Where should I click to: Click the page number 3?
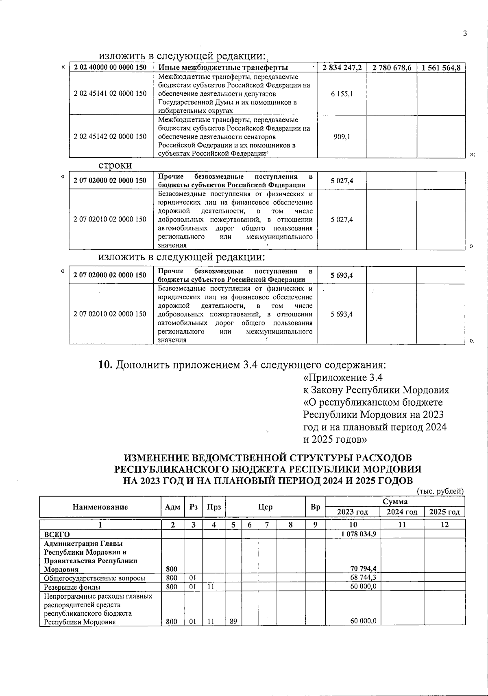click(x=464, y=34)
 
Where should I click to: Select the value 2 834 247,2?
click(x=342, y=68)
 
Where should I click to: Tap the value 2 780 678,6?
click(x=392, y=68)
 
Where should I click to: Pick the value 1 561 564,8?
click(x=441, y=68)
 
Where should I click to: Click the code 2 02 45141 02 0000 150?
click(x=110, y=94)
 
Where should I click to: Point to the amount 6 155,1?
click(x=342, y=94)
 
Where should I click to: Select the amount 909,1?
click(x=342, y=136)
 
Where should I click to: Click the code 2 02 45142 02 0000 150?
click(x=110, y=136)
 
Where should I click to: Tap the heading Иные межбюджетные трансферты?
click(x=223, y=68)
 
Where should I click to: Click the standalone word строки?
click(x=115, y=165)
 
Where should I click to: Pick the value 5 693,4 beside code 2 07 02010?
click(x=342, y=314)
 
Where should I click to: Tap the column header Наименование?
click(x=100, y=507)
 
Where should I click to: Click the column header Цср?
click(x=265, y=507)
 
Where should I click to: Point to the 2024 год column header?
click(x=402, y=512)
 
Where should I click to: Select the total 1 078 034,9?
click(x=358, y=534)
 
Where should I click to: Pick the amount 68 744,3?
click(x=363, y=578)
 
